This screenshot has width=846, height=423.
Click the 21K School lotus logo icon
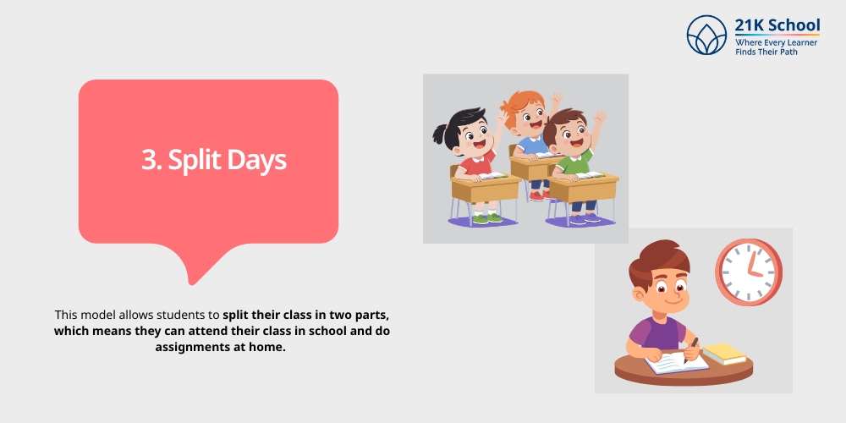click(706, 35)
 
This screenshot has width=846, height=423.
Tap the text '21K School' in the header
click(777, 25)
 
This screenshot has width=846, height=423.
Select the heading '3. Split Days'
click(213, 161)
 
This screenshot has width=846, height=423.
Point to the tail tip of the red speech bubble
click(192, 282)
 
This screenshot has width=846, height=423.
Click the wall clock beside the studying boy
click(748, 272)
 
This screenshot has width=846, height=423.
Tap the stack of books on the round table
click(724, 353)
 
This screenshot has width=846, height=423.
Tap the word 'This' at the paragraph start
click(68, 313)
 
